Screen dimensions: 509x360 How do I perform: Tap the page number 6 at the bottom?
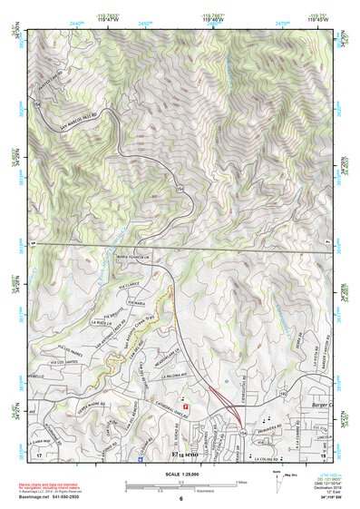180,500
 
